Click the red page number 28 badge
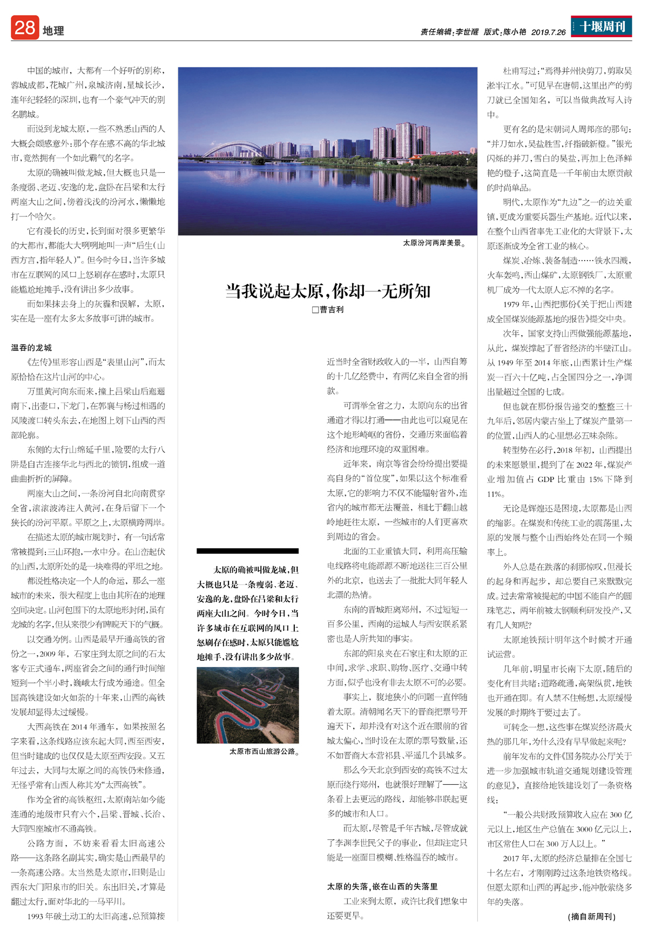(x=25, y=28)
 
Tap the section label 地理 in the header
(x=53, y=31)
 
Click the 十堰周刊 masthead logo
(x=602, y=26)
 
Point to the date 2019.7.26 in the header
(x=548, y=32)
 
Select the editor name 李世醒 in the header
(x=467, y=32)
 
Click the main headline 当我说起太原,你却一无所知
(x=328, y=291)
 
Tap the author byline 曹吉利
(x=332, y=310)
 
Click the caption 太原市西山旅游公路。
(x=264, y=751)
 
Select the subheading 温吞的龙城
(x=31, y=348)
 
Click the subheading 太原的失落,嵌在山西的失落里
(x=382, y=886)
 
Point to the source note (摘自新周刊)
(x=592, y=916)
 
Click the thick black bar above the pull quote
(x=248, y=551)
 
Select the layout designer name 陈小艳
(x=515, y=32)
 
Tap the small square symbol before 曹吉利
(x=315, y=310)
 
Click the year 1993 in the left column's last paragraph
(x=36, y=916)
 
